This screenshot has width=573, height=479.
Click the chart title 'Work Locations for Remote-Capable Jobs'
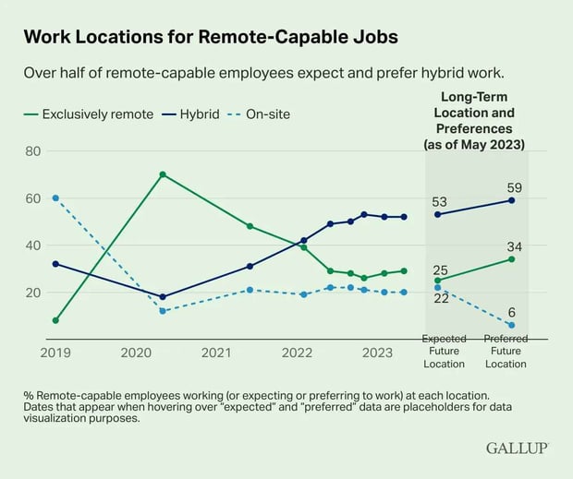tap(211, 38)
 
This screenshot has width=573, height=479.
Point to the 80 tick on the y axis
tap(32, 150)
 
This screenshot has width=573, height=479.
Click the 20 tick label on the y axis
tap(32, 293)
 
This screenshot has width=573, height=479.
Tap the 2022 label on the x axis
tap(297, 352)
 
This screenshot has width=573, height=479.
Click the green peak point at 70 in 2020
tap(163, 174)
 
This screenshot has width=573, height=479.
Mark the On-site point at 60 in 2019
tap(55, 198)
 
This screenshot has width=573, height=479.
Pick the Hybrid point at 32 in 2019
tap(55, 264)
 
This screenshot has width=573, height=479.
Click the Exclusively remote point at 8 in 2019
tap(55, 320)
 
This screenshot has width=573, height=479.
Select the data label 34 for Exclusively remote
tap(514, 245)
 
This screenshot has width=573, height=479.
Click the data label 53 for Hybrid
tap(439, 201)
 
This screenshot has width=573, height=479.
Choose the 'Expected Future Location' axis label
tap(445, 352)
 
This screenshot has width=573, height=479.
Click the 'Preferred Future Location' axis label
tap(506, 352)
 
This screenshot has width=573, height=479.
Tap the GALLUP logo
tap(517, 448)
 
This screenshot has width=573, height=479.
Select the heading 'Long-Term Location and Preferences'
tap(473, 121)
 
